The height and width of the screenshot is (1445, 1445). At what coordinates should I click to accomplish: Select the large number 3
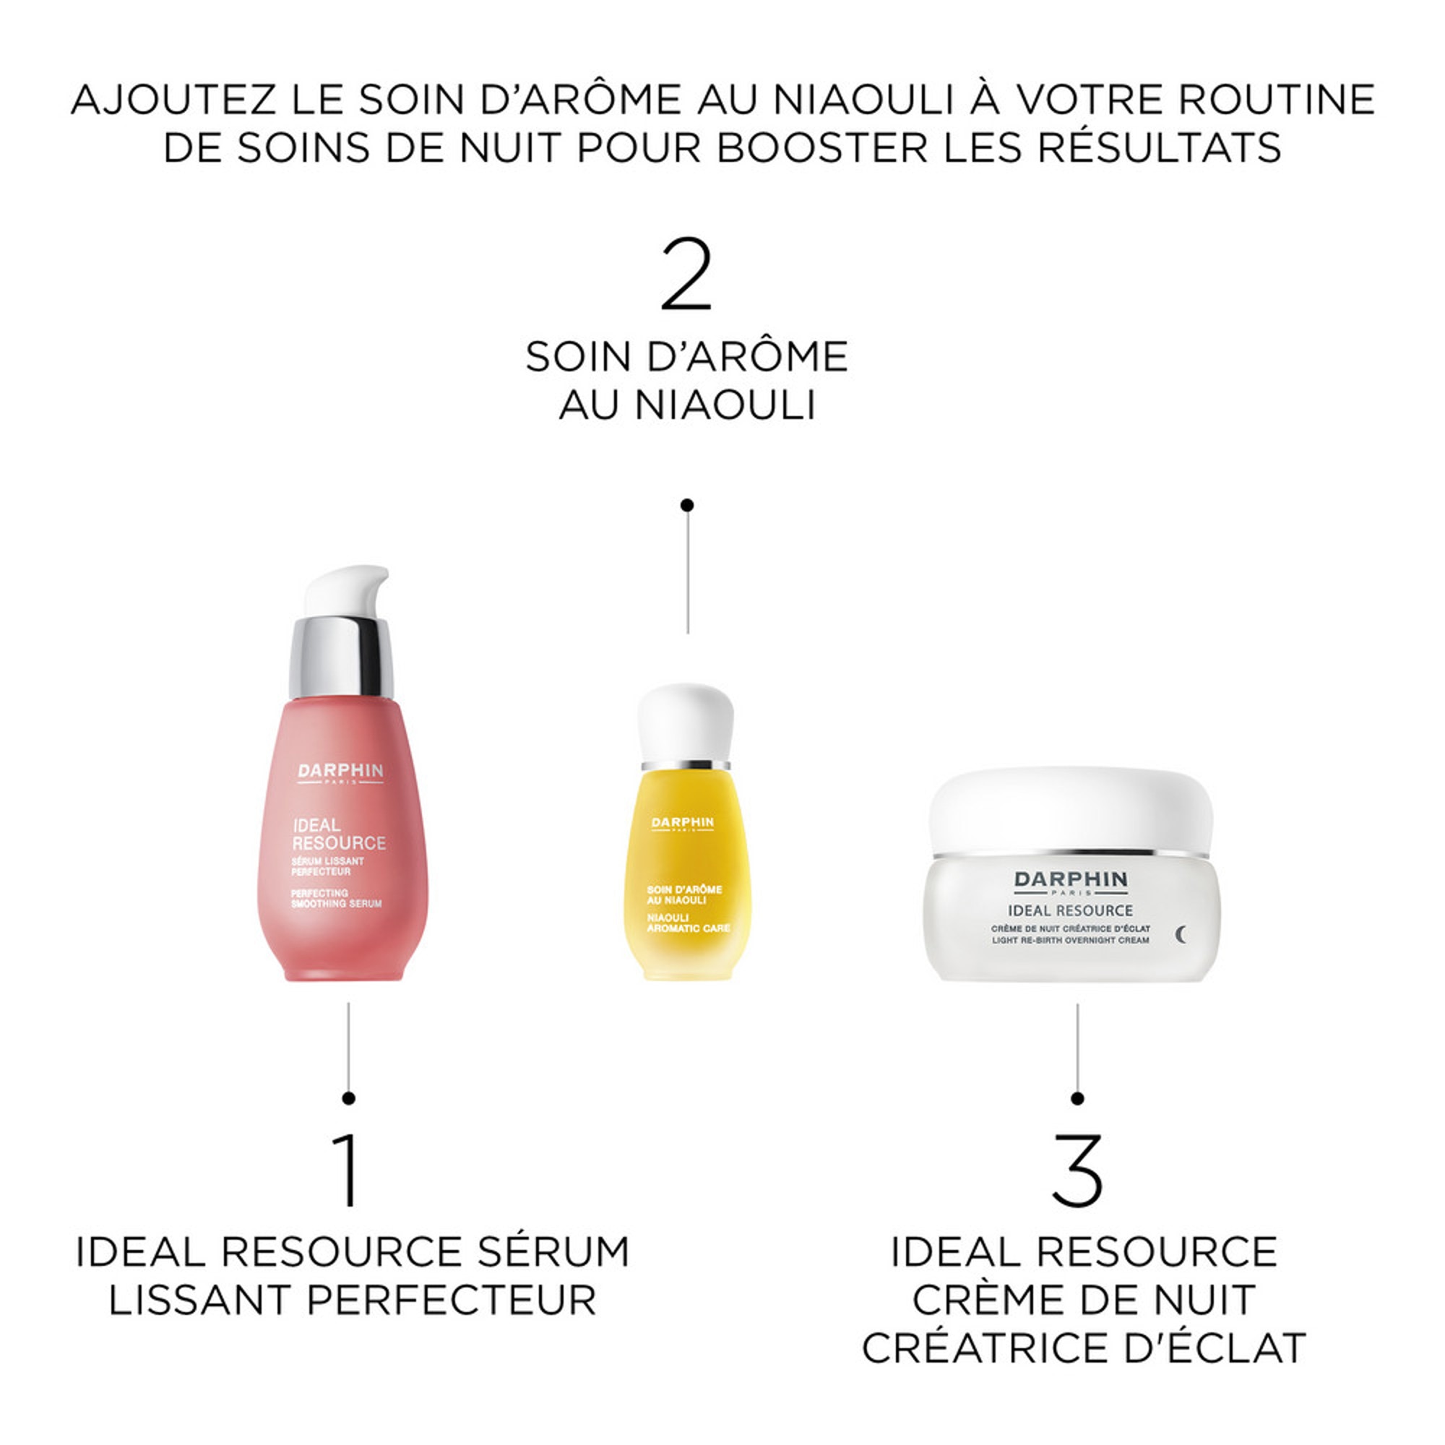click(1077, 1169)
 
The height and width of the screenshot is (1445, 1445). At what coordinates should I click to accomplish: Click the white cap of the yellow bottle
click(685, 721)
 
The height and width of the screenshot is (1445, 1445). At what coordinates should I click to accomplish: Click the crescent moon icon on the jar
click(1181, 934)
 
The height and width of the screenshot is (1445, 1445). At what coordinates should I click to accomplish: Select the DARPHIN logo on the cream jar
click(1070, 880)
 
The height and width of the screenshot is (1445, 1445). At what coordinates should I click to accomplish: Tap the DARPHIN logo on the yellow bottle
click(682, 823)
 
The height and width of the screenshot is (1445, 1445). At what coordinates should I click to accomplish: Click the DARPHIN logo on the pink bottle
click(340, 771)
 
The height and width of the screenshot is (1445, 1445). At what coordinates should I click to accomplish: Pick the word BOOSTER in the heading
click(821, 147)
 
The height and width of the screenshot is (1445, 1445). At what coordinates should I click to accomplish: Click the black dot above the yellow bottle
click(686, 506)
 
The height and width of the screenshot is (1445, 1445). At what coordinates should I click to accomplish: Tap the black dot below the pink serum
click(348, 1098)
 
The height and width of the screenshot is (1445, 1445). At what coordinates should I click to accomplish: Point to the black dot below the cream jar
click(1077, 1098)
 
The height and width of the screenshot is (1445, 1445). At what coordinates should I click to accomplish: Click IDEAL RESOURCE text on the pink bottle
click(338, 834)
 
